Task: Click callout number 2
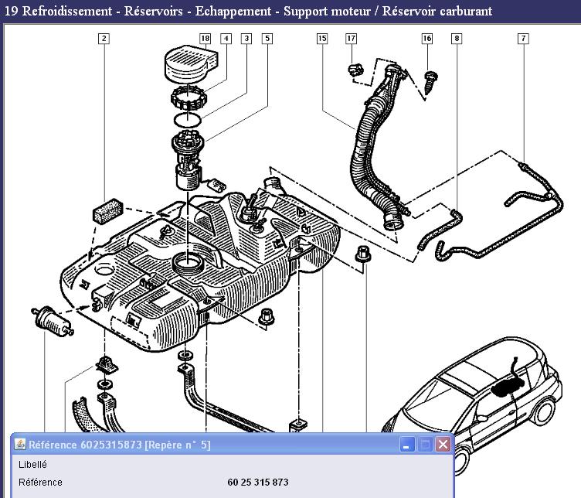(104, 38)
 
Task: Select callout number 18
(205, 38)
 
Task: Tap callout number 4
(226, 38)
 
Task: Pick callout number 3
(246, 38)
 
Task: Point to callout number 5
(267, 38)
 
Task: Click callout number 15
(322, 38)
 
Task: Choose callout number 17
(351, 38)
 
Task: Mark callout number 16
(426, 38)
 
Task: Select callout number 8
(457, 38)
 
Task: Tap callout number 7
(523, 38)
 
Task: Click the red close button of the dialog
(443, 445)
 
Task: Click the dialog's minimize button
(407, 445)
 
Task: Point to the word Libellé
(32, 465)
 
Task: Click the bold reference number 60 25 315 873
(258, 483)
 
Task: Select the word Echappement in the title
(233, 12)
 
